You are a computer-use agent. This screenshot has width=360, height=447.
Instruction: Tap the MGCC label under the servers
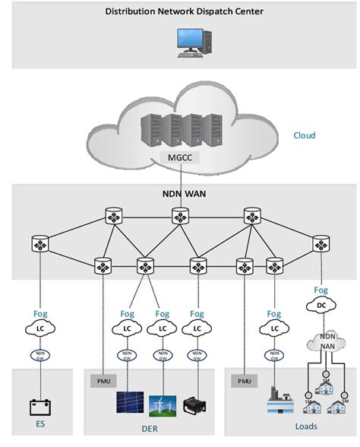coord(180,158)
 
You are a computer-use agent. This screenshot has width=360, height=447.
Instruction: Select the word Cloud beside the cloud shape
coord(304,136)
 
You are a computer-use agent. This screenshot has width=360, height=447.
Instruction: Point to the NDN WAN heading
coord(179,194)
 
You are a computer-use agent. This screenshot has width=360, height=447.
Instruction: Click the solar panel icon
coord(128,404)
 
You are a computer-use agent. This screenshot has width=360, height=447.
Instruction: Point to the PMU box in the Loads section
coord(244,379)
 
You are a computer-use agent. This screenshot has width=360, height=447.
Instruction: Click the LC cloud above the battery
coord(39,328)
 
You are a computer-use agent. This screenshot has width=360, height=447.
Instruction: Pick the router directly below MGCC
coord(180,217)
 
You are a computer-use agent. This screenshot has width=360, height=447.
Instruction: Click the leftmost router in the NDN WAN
coord(39,245)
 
